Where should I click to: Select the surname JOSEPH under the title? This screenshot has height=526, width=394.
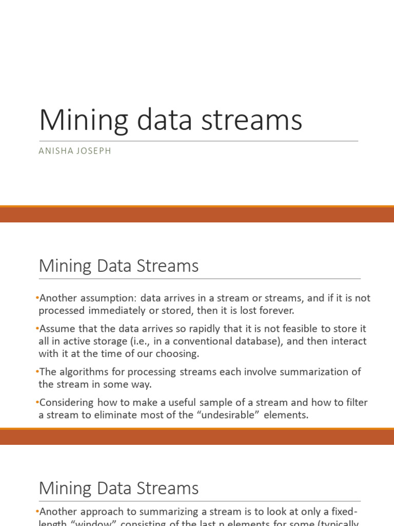tap(93, 152)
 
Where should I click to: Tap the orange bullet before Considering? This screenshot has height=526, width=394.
tap(37, 402)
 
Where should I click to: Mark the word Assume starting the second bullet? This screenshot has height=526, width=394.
tap(57, 328)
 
